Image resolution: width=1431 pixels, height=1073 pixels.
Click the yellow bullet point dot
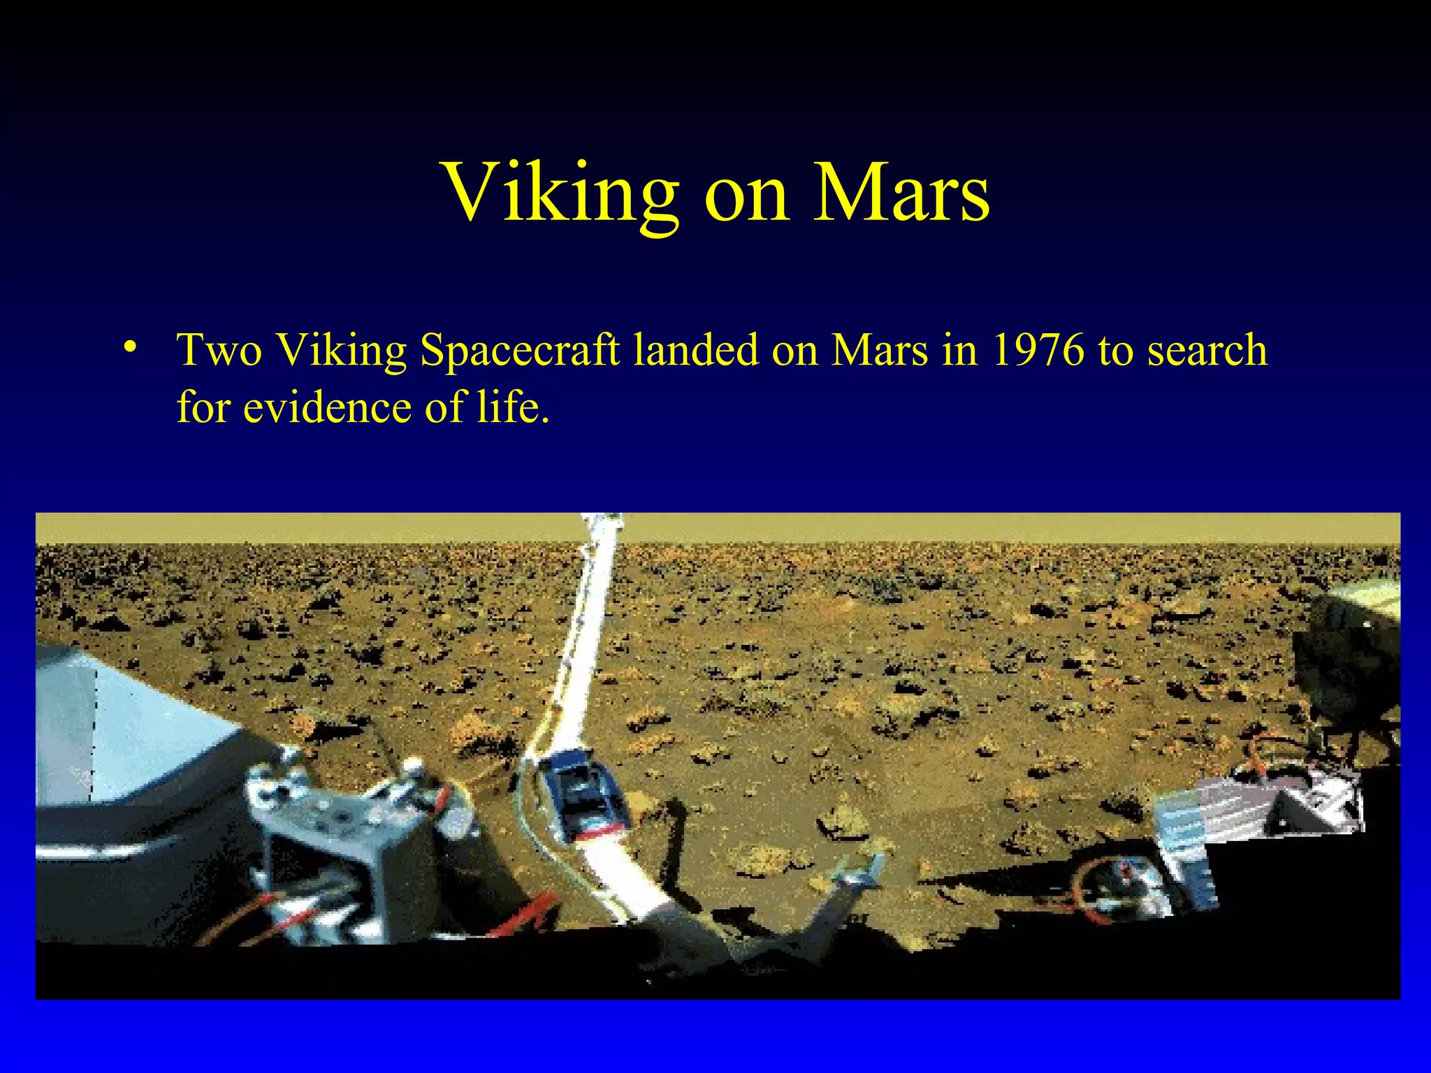129,347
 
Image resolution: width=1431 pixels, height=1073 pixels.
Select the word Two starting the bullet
219,349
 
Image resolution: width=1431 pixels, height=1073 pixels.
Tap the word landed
695,349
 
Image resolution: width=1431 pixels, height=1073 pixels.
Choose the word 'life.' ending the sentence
513,407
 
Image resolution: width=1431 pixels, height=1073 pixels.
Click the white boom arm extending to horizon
583,650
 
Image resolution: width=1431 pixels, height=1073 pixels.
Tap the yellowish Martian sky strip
908,527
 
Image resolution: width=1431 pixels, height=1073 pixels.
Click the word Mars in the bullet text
880,349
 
